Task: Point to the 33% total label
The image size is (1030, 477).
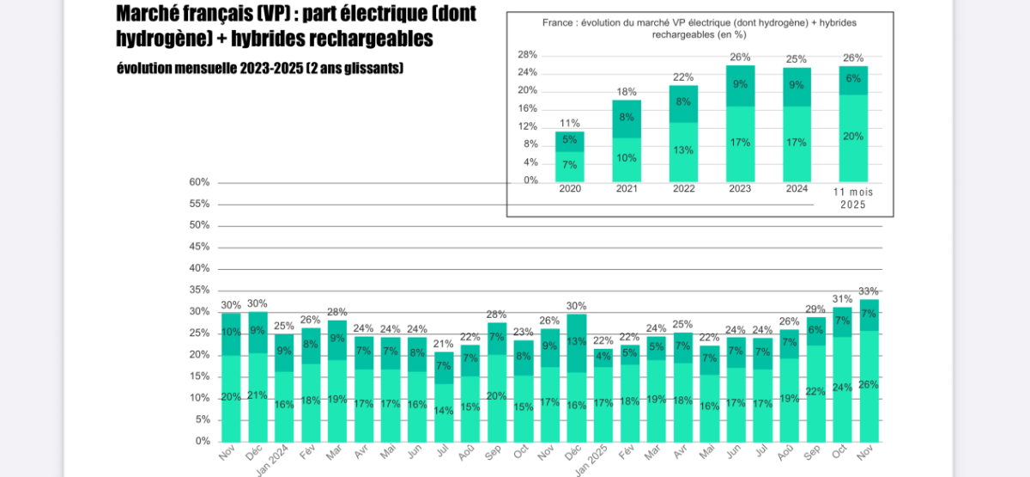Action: (x=869, y=291)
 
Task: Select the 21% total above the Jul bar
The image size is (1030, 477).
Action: (x=444, y=344)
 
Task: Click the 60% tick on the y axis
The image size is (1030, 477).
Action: (x=199, y=182)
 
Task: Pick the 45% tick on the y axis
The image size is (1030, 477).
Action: (x=199, y=247)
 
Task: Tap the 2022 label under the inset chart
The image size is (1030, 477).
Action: (x=683, y=189)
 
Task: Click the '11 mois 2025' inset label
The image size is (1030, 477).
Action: (x=853, y=199)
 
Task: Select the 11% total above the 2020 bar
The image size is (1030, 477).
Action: (x=570, y=123)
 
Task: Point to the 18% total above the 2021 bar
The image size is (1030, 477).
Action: (x=627, y=92)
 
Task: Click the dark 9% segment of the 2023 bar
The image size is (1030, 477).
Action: (x=740, y=84)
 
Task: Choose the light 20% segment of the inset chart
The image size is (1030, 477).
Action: (x=853, y=136)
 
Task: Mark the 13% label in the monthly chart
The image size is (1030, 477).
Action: (x=577, y=341)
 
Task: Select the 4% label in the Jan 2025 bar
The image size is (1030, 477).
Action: (x=603, y=357)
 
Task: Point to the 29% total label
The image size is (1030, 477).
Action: (x=815, y=309)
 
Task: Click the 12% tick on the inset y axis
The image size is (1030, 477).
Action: (x=527, y=126)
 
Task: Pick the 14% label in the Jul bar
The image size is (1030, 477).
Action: (x=444, y=411)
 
